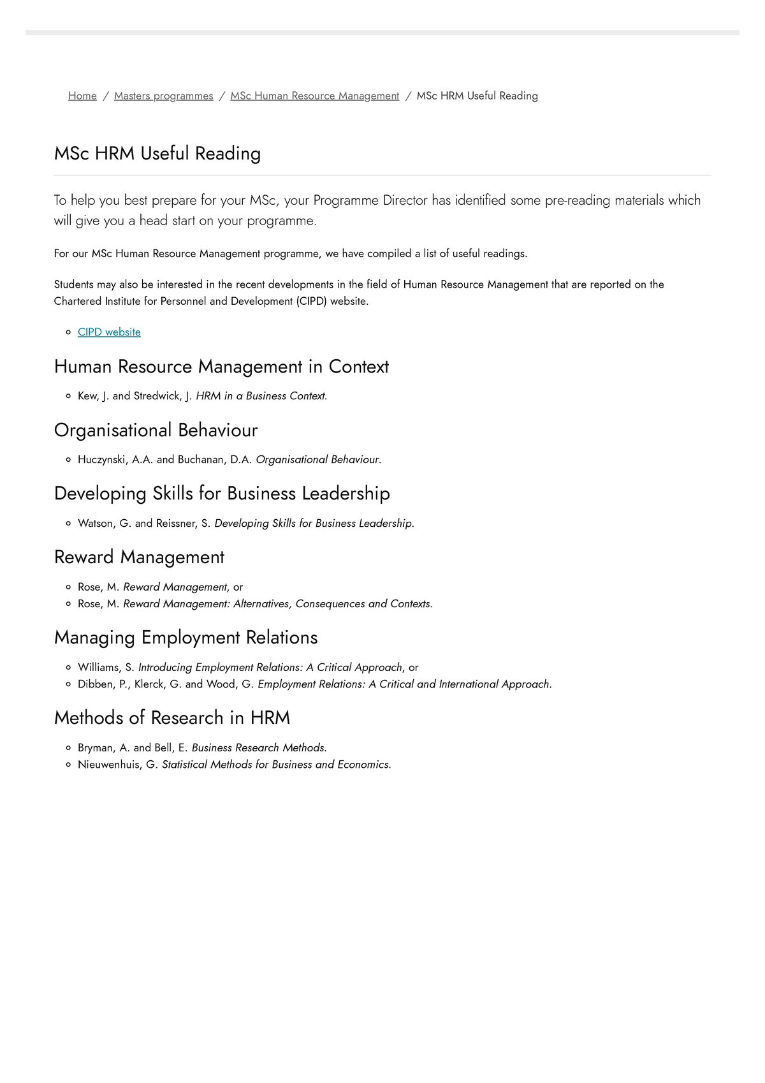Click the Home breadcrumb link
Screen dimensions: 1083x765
[82, 96]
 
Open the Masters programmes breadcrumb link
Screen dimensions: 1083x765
[163, 96]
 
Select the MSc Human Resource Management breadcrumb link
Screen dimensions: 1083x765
[314, 96]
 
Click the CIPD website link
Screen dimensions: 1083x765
[109, 332]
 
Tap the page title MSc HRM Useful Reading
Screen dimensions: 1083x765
[157, 153]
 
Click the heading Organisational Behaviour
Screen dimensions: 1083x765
[156, 430]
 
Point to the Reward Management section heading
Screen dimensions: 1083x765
[139, 557]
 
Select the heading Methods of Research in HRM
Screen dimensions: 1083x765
[172, 718]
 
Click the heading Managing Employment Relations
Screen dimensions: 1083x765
[186, 637]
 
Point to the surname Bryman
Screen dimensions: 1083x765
[96, 748]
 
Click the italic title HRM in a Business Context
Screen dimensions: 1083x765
[261, 395]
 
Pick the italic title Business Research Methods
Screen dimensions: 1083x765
[259, 748]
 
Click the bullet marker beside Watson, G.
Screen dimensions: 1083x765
[68, 523]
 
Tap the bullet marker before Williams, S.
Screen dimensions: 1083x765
[68, 667]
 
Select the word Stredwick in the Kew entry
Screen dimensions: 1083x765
[157, 395]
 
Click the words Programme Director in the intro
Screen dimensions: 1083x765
[370, 200]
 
